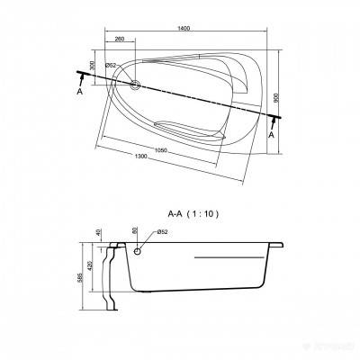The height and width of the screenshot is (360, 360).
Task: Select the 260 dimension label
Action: tap(120, 40)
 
